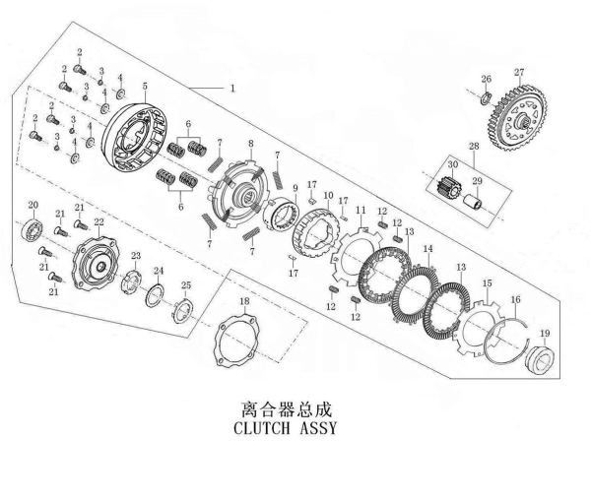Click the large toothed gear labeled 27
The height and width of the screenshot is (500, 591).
(519, 118)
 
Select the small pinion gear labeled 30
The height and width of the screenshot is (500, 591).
(447, 185)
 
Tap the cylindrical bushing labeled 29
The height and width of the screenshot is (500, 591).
(473, 202)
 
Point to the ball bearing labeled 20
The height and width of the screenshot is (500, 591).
(33, 229)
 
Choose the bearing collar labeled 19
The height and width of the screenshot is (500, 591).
(540, 358)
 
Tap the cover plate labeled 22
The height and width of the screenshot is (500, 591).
(97, 263)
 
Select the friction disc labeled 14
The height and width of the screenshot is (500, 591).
(416, 293)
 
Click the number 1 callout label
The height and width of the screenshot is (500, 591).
(232, 89)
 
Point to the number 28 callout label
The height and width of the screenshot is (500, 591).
(474, 146)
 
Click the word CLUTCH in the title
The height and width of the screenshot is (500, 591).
(262, 428)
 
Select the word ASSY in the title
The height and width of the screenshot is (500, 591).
(317, 428)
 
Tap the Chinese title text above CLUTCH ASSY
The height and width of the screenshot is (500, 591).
(286, 408)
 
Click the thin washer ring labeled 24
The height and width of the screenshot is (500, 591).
(155, 295)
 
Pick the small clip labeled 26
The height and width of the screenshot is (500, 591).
(486, 98)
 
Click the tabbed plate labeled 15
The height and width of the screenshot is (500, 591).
(478, 327)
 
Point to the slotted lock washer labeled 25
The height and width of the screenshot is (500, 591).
(183, 309)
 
